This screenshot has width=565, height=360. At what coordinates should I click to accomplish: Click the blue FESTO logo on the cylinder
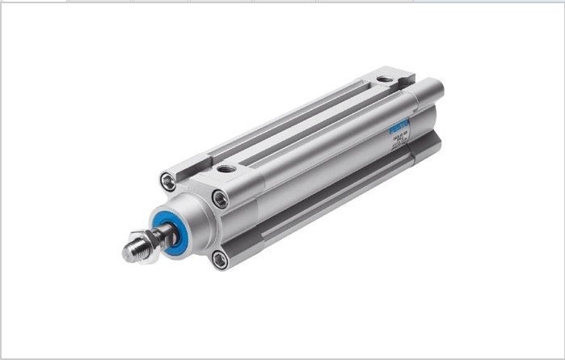400,126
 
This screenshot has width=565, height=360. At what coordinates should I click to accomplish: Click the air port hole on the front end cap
227,170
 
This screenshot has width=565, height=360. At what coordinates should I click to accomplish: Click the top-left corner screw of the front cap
168,181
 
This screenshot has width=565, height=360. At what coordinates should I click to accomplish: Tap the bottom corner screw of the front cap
220,259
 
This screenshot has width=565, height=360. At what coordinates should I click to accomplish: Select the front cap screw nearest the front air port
221,197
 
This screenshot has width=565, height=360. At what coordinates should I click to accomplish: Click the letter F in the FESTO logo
392,130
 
